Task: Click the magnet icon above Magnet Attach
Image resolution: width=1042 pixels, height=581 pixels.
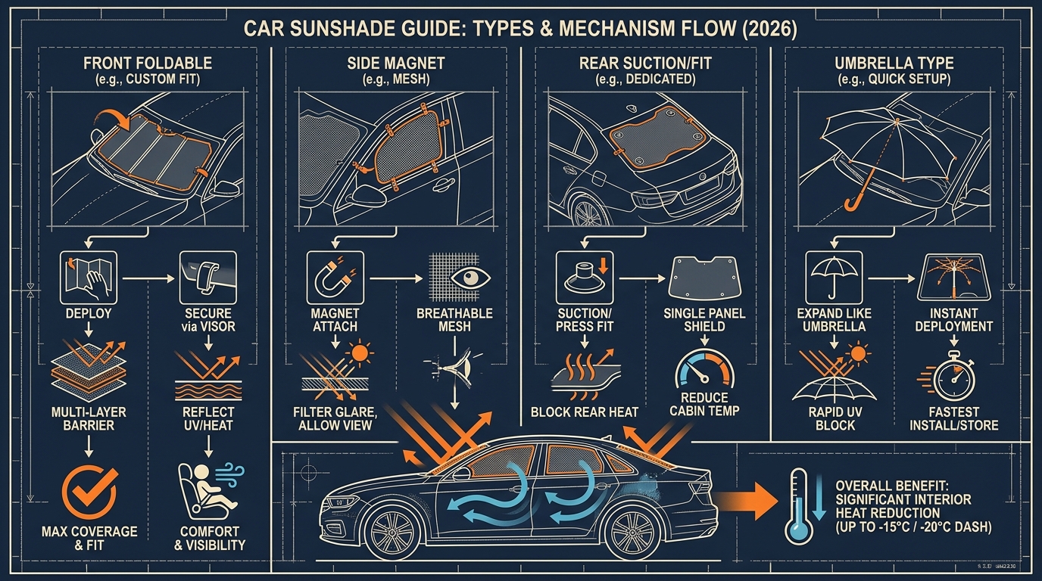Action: pyautogui.click(x=335, y=278)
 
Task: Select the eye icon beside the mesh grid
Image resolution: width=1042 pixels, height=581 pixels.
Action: pyautogui.click(x=471, y=278)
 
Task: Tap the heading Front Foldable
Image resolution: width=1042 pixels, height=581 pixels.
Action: pyautogui.click(x=148, y=64)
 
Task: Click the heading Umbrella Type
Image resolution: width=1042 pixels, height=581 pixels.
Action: pyautogui.click(x=894, y=64)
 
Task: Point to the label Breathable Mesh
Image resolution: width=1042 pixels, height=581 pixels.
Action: pyautogui.click(x=454, y=320)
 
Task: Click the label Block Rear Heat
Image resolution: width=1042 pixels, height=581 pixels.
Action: pyautogui.click(x=585, y=412)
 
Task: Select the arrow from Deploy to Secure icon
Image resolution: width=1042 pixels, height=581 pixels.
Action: pyautogui.click(x=148, y=278)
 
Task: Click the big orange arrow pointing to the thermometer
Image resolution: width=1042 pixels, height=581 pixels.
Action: pyautogui.click(x=747, y=501)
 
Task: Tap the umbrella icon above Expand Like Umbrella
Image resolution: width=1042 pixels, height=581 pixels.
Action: pyautogui.click(x=834, y=278)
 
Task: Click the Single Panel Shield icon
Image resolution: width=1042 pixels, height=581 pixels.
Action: pyautogui.click(x=704, y=278)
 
